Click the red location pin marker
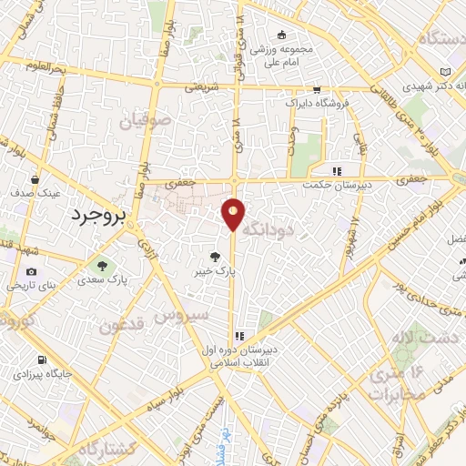(234, 215)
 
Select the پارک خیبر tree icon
(215, 258)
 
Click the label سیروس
(178, 316)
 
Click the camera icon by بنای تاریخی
(32, 272)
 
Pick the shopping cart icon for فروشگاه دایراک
(316, 90)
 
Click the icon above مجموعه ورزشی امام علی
(280, 35)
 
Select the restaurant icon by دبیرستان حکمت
(336, 170)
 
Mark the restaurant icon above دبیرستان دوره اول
(238, 334)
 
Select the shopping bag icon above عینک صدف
(34, 179)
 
